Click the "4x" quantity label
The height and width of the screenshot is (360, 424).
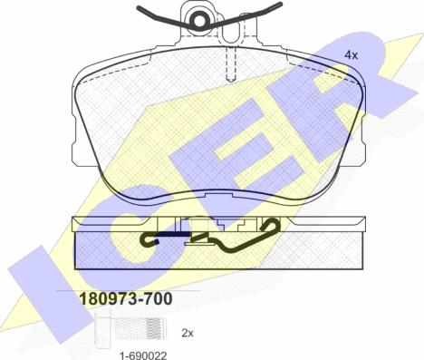(351, 55)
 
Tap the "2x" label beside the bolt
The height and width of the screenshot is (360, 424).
(188, 333)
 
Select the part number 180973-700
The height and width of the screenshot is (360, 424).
(126, 298)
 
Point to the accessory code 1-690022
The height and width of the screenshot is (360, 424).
(143, 355)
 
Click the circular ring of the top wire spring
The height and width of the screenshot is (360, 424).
(199, 21)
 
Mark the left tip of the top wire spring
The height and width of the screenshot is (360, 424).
(139, 7)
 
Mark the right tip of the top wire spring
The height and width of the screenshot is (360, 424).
(280, 5)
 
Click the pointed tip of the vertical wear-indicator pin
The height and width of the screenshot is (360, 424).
(231, 81)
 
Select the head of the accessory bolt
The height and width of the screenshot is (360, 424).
(103, 330)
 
